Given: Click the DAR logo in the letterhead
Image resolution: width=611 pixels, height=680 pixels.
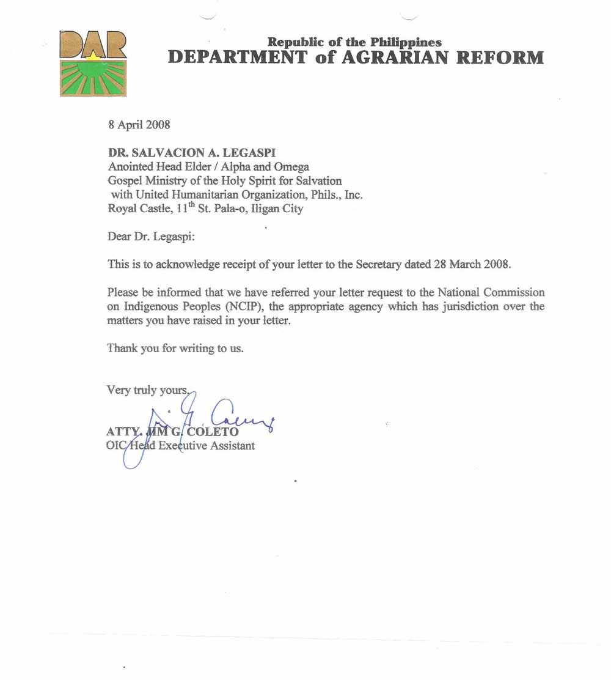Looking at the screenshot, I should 93,63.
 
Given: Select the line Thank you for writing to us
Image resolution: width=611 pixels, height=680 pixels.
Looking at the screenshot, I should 175,348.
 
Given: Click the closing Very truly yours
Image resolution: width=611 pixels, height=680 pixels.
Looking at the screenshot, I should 147,390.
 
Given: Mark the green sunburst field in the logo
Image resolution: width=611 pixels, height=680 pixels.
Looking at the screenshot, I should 93,78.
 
